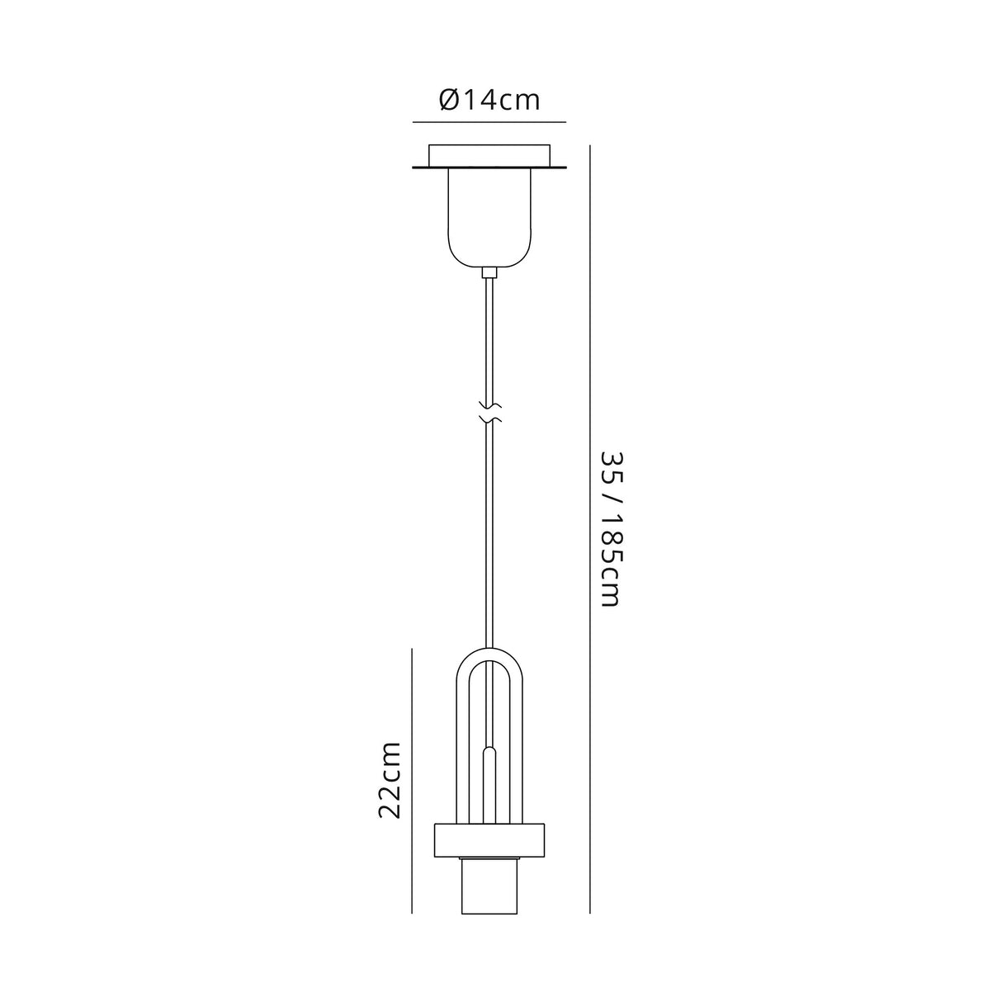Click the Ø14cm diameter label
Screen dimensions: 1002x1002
point(489,101)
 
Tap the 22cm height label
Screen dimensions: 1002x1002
point(389,779)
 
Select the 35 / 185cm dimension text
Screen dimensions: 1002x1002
point(610,528)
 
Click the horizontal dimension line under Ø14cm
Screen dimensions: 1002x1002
point(489,122)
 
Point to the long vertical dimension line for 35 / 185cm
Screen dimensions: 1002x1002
point(590,528)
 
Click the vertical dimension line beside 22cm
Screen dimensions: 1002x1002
point(412,779)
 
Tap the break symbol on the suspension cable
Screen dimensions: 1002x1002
point(489,413)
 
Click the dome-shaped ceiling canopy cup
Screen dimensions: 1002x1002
point(489,216)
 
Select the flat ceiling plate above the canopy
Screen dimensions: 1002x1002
point(489,154)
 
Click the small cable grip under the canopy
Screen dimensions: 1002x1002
point(489,272)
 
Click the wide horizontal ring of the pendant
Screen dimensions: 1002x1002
point(489,841)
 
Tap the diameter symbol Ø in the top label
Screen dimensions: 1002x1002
point(448,101)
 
